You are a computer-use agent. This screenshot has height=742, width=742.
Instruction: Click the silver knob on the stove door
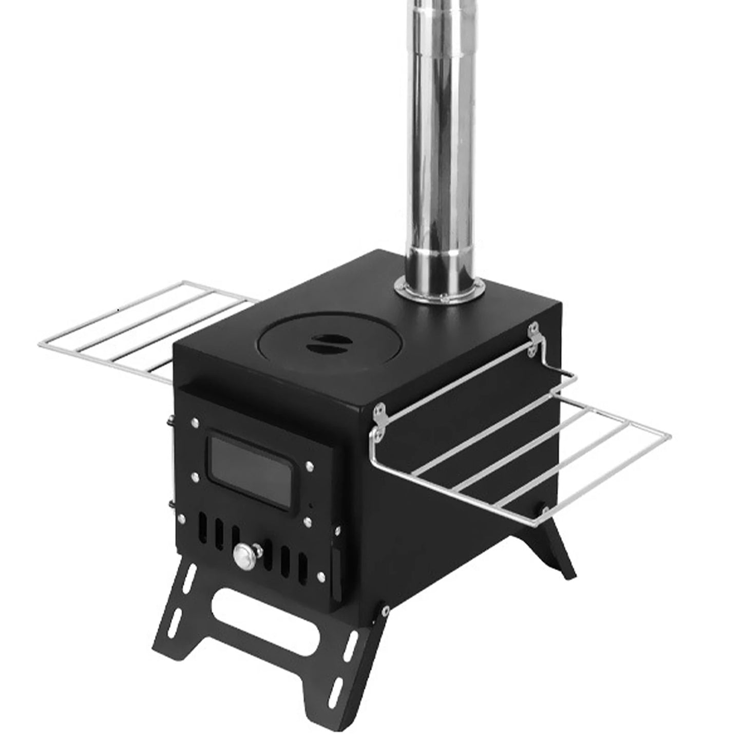click(x=242, y=555)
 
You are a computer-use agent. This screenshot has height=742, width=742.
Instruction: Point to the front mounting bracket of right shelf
click(x=378, y=422)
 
